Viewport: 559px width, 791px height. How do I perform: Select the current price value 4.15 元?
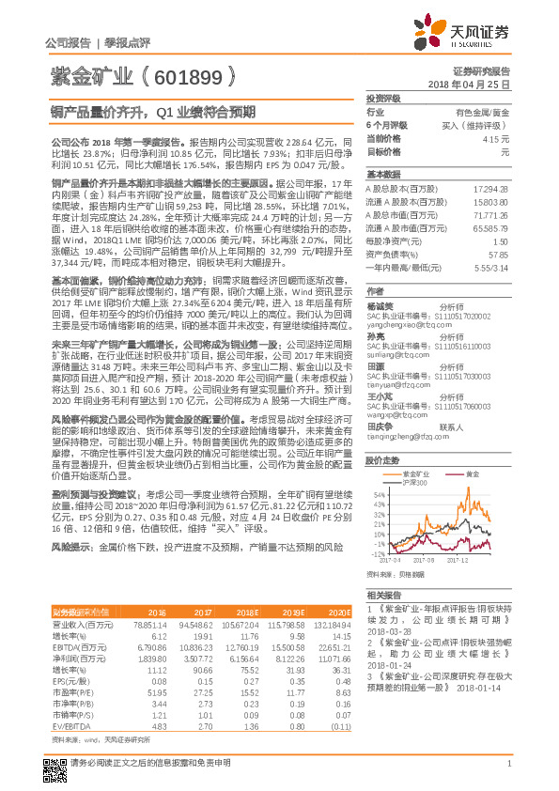(499, 138)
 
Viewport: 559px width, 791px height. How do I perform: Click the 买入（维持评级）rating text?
(482, 125)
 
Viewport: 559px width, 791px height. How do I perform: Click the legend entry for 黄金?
(472, 473)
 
